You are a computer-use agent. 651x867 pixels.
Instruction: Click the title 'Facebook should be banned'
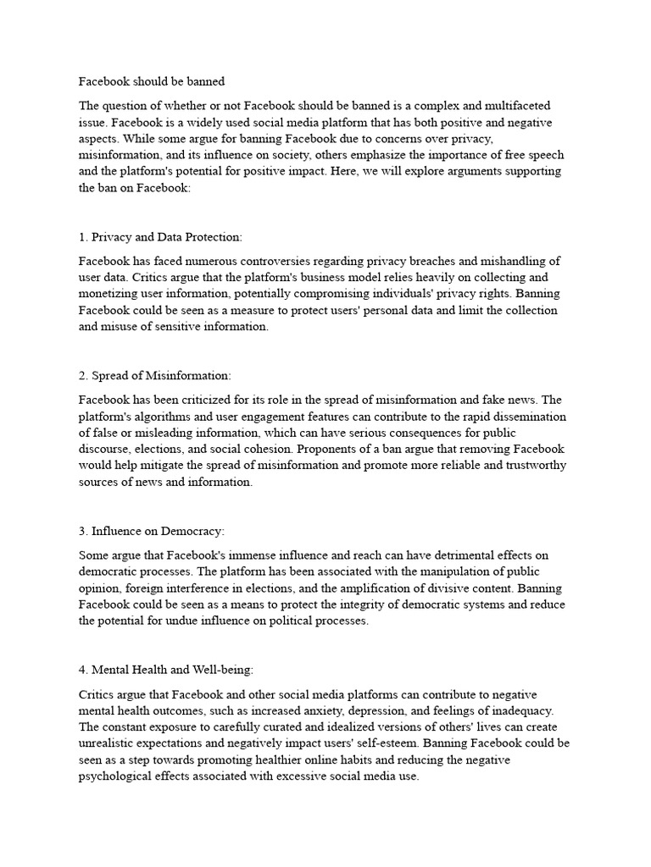coord(152,82)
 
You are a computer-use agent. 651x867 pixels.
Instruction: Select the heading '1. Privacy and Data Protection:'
coord(160,236)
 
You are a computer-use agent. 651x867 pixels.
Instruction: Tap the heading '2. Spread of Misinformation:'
coord(154,375)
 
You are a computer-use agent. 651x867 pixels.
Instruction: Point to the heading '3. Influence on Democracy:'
coord(152,531)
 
